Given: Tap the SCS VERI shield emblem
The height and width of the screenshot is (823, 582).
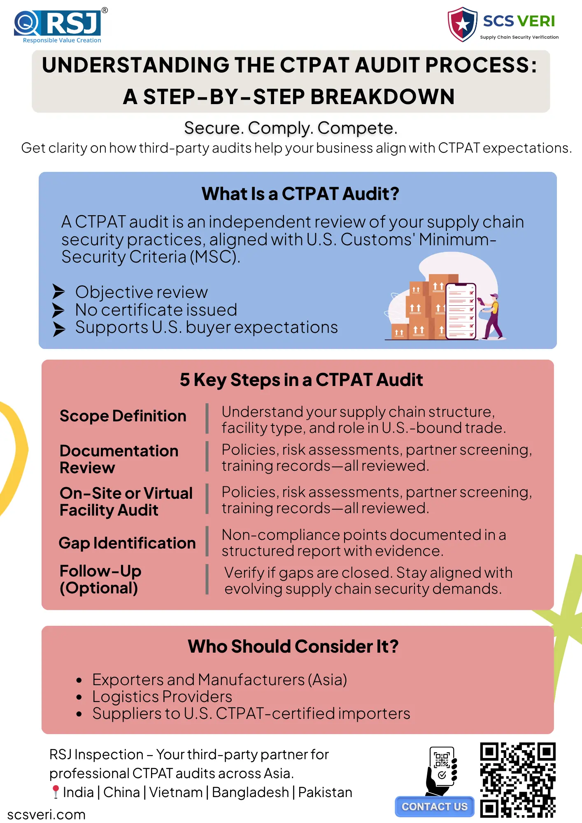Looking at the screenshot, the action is coord(463,24).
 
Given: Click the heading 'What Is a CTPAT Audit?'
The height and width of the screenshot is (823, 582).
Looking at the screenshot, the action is coord(300,193).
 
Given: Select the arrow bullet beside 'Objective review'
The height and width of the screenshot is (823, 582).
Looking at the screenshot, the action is coord(59,291).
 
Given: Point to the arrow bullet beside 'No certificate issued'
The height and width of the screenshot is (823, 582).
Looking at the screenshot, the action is coord(59,310).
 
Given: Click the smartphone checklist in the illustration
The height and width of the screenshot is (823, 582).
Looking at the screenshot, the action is coord(461,311).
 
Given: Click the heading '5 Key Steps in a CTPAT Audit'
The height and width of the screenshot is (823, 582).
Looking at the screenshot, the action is coord(301,380).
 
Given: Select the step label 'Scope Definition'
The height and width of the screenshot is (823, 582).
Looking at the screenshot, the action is coord(123,416).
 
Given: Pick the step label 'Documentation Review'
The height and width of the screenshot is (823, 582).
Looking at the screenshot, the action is coord(119,459).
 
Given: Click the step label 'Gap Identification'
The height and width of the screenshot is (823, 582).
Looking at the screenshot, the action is coord(127,543).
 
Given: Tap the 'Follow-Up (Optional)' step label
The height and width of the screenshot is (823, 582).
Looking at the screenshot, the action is coord(100,579).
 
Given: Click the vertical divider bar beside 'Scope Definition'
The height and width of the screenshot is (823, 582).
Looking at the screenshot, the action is coord(207,418).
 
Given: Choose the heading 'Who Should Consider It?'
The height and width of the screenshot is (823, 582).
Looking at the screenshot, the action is coord(293,646).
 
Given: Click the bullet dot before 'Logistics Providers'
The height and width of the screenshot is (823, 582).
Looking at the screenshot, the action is coord(79,697).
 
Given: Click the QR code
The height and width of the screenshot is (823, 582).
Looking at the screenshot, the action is coord(518,780).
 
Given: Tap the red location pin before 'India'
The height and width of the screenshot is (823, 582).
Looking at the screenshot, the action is coord(56,792).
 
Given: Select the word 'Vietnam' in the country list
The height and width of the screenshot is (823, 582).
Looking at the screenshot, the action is coord(176,792).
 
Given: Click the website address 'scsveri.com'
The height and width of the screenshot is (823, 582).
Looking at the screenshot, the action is coord(47,814).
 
